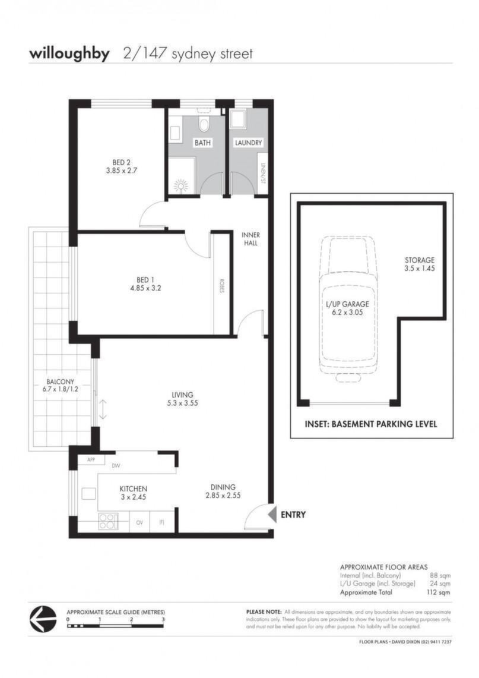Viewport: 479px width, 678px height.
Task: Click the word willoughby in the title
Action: tap(69, 54)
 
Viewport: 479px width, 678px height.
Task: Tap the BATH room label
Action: tap(202, 143)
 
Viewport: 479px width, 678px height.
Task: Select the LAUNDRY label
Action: tap(248, 143)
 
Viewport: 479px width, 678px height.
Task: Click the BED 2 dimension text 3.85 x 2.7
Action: tap(121, 171)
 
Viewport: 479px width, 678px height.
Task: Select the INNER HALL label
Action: tap(250, 239)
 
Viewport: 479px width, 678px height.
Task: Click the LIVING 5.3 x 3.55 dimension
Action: tap(182, 403)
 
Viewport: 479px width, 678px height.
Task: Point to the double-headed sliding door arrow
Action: tap(103, 409)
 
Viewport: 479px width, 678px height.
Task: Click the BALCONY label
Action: tap(61, 382)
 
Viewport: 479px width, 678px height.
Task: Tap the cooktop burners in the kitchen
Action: tap(108, 521)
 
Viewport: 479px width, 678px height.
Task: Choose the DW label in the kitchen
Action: tap(116, 466)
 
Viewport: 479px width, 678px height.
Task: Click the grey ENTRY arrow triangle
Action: tap(272, 515)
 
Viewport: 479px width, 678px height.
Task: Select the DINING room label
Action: tap(223, 487)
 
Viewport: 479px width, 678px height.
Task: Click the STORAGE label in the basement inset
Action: tap(420, 260)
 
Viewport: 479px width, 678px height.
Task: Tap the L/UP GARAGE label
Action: tap(347, 304)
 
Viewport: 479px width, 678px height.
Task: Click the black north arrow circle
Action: tap(43, 619)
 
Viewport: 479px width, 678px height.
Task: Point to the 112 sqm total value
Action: tap(438, 592)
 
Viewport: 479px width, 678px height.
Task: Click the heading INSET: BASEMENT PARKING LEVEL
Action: tap(370, 424)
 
